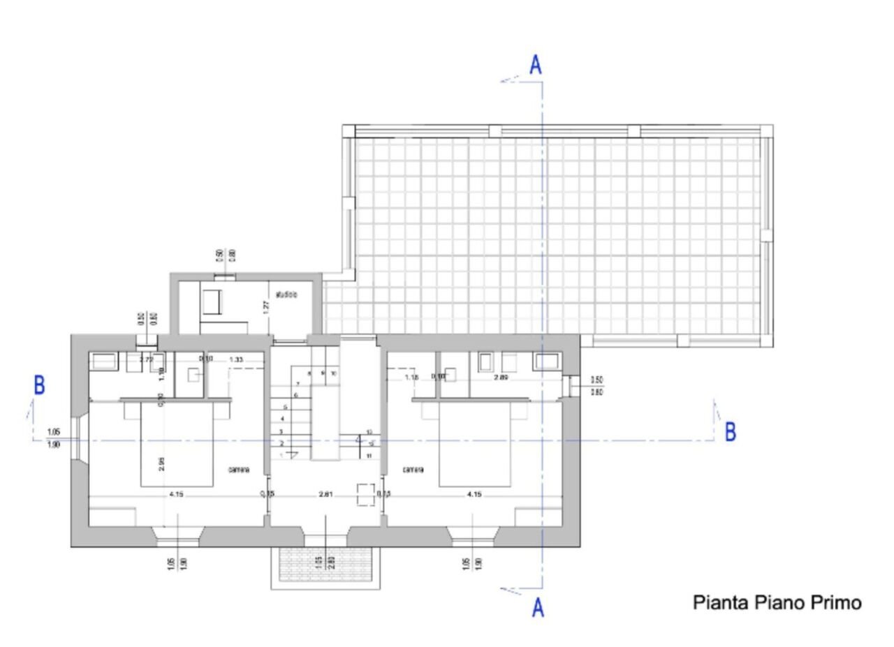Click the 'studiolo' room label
(286, 295)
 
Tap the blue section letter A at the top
(536, 66)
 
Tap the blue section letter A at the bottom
(538, 607)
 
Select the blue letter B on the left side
(39, 385)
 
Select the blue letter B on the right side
(730, 432)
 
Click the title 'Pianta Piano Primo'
(777, 602)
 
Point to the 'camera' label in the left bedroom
(239, 470)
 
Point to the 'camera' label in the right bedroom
(413, 470)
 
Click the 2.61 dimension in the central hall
(325, 495)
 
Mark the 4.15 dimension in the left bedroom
(177, 495)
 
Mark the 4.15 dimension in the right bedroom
(474, 495)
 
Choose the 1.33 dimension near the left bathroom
(236, 359)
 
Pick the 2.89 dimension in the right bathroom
(501, 377)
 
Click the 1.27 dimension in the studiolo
(266, 306)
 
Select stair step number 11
(369, 456)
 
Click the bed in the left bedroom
(177, 447)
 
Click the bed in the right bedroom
(475, 447)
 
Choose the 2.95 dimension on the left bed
(162, 464)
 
